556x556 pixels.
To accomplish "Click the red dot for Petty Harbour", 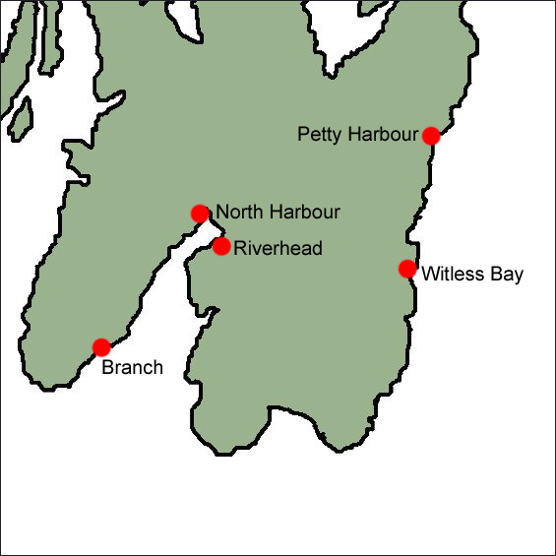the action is click(430, 136).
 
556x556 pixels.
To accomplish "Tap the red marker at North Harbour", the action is click(200, 213).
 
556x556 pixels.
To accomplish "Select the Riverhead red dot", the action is click(221, 246).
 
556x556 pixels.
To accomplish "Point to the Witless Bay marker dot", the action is click(407, 269).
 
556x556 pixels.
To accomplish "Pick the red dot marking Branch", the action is click(101, 346).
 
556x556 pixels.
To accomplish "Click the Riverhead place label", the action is click(278, 249).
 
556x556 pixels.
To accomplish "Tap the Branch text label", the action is click(132, 368).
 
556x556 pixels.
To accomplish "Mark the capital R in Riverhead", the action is click(240, 249).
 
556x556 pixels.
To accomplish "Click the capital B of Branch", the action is click(107, 368).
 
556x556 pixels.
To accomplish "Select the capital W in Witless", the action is click(429, 275).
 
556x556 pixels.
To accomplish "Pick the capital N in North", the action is click(221, 212).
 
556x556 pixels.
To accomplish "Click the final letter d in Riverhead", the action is click(317, 249).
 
